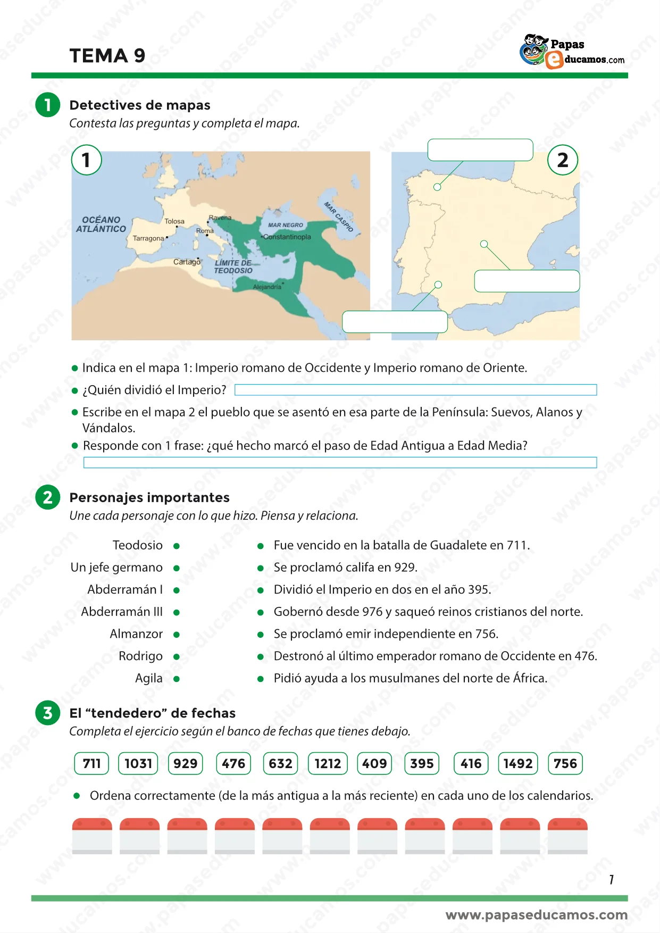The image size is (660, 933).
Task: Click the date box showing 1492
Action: pos(518,763)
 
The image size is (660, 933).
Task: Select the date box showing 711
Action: pos(91,763)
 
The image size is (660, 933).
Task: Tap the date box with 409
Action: pos(374,763)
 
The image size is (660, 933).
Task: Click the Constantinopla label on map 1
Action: pos(287,237)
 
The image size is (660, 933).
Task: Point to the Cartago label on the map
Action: pos(187,262)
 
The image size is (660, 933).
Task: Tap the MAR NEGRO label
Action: pos(286,225)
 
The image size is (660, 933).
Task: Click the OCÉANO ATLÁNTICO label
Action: pos(101,224)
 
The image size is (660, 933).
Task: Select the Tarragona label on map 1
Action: pos(148,238)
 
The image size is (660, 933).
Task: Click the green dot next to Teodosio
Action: pos(177,546)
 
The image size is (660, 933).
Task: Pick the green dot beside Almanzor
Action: pos(177,635)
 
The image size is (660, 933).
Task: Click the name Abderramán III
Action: pos(122,612)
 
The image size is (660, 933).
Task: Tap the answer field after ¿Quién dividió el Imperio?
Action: pos(415,390)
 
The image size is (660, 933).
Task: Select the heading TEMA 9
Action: pos(107,55)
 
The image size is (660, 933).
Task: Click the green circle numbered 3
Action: pos(48,713)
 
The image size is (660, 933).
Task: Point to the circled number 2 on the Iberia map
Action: pos(563,160)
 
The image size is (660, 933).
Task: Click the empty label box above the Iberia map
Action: pos(480,149)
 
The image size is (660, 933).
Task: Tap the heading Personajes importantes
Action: pos(149,497)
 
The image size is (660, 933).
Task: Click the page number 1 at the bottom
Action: pos(612,879)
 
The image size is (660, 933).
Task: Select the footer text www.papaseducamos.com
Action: pos(536,915)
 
